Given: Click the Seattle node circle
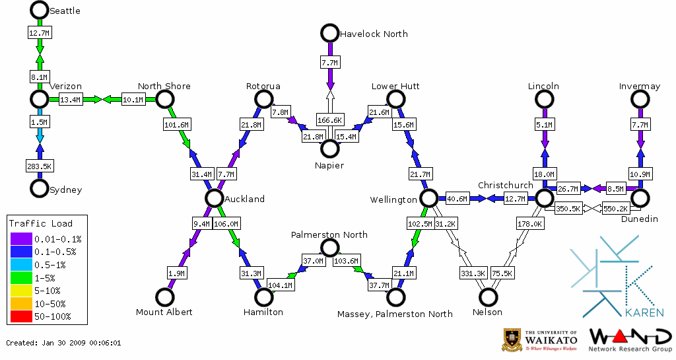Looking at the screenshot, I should (x=40, y=10).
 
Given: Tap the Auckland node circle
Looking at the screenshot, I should (x=213, y=198).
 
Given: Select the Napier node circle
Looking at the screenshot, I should (x=329, y=149).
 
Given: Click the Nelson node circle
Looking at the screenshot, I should (x=489, y=297).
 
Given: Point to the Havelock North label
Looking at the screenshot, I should (x=374, y=34).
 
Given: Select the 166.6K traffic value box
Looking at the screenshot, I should (x=329, y=120).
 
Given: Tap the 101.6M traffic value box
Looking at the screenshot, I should (x=176, y=124).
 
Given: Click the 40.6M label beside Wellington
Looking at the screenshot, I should (x=457, y=198).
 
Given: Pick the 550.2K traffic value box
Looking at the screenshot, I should (x=616, y=209).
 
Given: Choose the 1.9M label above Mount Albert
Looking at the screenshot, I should (x=176, y=273).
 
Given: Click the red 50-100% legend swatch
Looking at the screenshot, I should (x=20, y=316).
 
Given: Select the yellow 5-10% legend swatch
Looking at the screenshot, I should (x=20, y=291).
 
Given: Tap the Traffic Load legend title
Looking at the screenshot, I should (x=41, y=223).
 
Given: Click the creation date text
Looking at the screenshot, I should (x=63, y=343).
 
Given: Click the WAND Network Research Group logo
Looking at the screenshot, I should (x=630, y=339).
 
